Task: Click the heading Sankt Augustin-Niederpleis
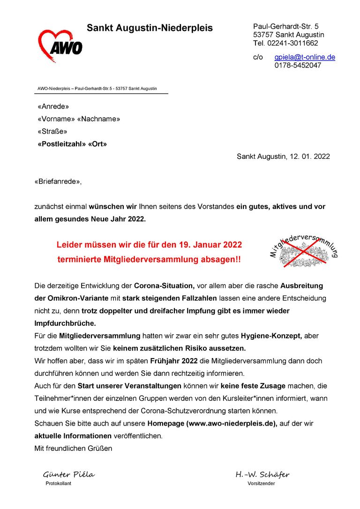pos(150,28)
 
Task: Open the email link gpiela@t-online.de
pos(305,57)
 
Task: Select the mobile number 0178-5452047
pos(298,66)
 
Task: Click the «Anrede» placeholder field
pos(53,106)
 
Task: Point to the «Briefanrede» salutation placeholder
pos(57,181)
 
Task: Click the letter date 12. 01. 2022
pos(308,157)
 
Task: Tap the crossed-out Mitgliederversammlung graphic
pos(304,251)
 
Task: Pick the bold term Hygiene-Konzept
pos(270,336)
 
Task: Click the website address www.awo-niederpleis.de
pos(232,423)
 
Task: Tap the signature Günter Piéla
pos(69,475)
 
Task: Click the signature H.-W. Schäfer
pos(262,475)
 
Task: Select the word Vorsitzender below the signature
pos(261,484)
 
